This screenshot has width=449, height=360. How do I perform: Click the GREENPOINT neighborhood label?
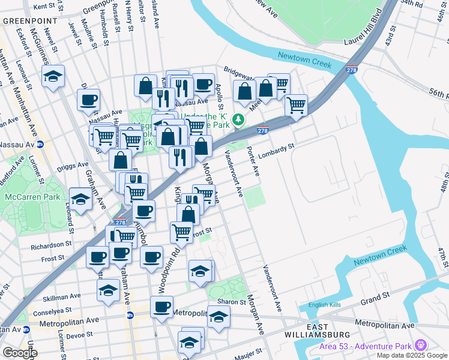[x=29, y=20]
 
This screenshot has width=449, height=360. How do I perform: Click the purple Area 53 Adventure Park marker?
[x=420, y=346]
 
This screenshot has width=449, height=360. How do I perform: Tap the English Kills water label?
[x=325, y=305]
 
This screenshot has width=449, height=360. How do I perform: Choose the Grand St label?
[x=372, y=298]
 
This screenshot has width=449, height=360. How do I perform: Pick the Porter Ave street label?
[x=254, y=163]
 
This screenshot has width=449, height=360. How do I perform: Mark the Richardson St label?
[x=52, y=245]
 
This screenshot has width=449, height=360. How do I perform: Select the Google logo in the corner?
[x=20, y=353]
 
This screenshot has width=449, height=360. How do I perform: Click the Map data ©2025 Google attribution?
[x=412, y=355]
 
